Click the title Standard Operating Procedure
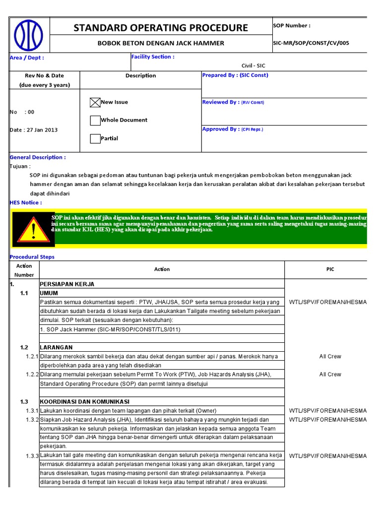[x=161, y=28]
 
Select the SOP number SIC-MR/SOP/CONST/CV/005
[x=311, y=43]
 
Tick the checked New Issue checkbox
[x=95, y=103]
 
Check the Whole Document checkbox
[x=95, y=121]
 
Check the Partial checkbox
[x=95, y=139]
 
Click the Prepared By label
[x=235, y=75]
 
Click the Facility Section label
[x=152, y=57]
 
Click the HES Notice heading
[x=26, y=202]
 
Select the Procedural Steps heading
[x=32, y=257]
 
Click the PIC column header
[x=330, y=269]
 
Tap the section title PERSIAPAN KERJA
[x=67, y=284]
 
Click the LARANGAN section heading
[x=57, y=347]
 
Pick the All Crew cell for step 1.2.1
[x=330, y=357]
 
